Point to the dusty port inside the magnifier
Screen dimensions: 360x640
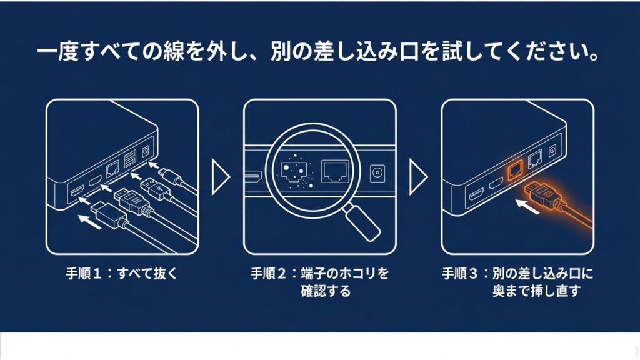(292, 170)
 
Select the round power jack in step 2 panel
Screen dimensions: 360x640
(378, 174)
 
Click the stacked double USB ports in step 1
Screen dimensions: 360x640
(131, 161)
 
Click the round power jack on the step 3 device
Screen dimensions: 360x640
(552, 151)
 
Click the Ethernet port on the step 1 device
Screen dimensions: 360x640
(112, 168)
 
